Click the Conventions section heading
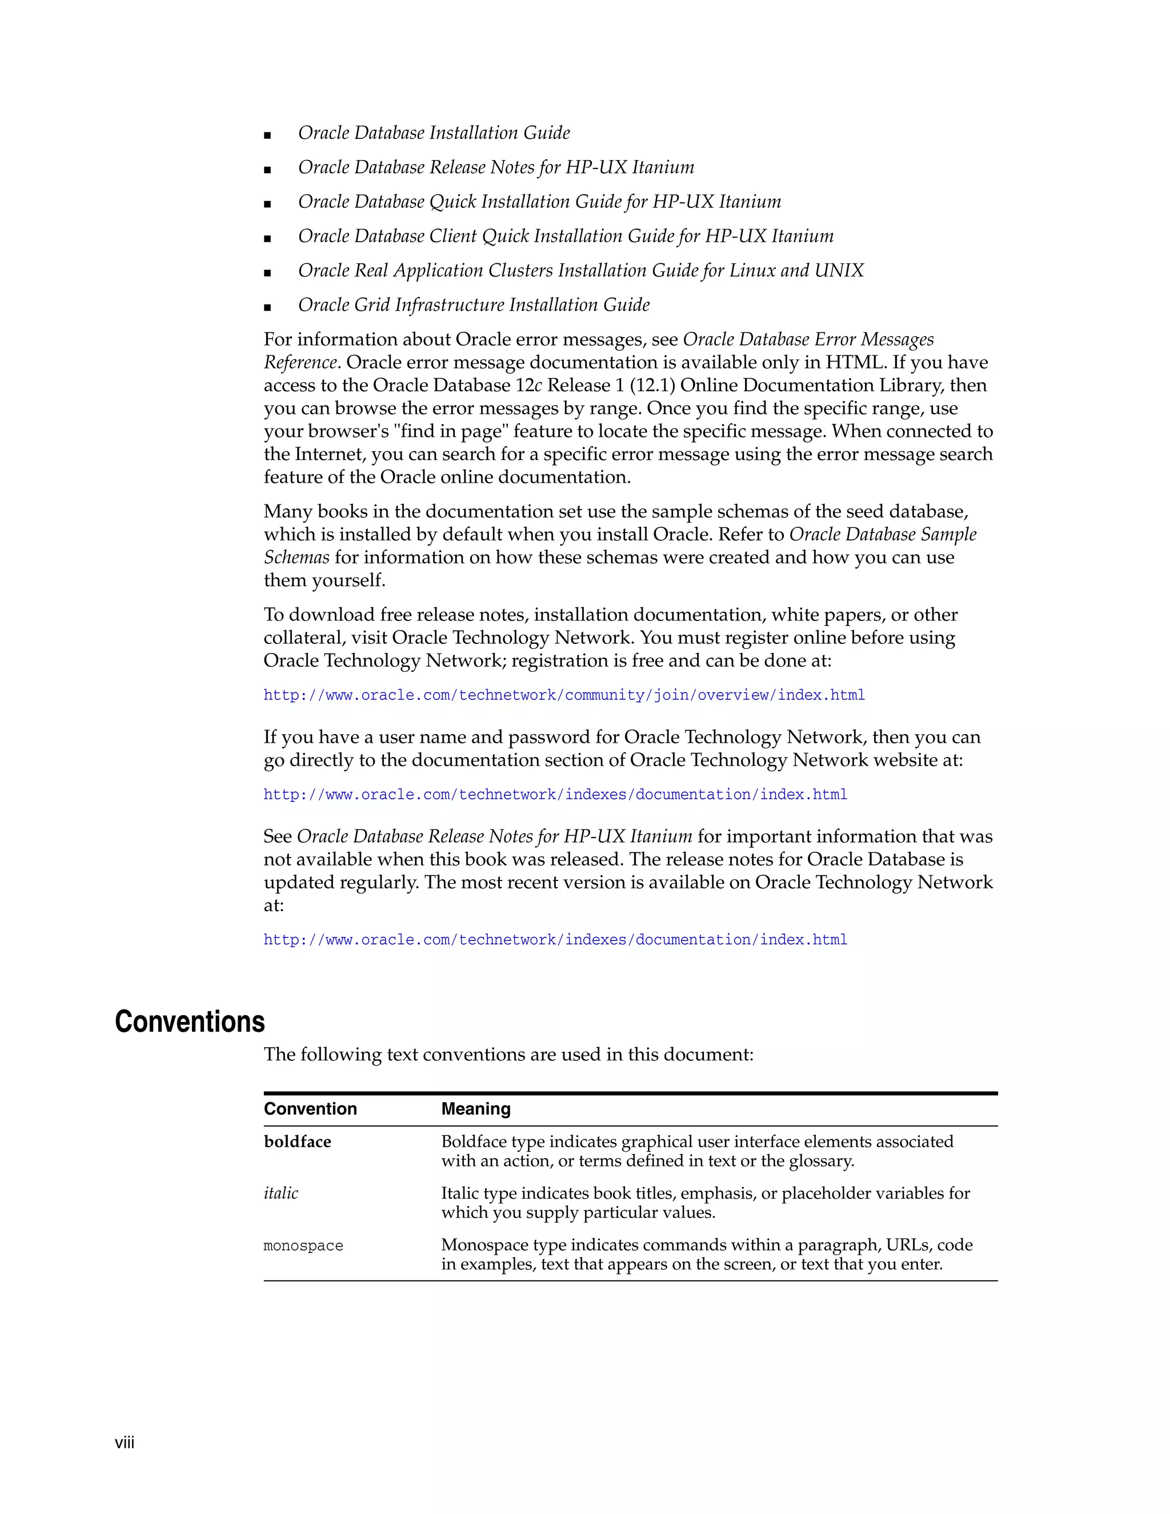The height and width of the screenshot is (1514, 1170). point(189,1022)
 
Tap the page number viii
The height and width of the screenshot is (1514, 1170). point(125,1443)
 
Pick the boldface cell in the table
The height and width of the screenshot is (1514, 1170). point(297,1141)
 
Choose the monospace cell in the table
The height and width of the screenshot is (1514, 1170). point(303,1245)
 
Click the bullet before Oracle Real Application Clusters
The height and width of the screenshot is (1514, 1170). point(267,273)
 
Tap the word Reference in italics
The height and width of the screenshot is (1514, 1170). point(299,363)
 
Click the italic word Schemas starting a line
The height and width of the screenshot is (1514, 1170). point(296,558)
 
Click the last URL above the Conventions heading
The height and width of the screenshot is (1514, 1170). point(555,940)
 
